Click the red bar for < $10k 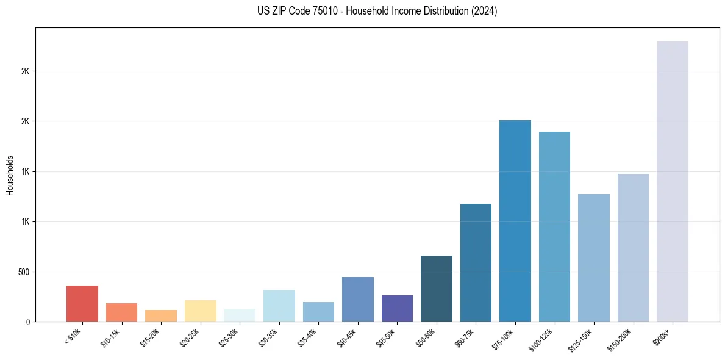tap(82, 303)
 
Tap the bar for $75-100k tap(515, 221)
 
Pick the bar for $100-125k tap(554, 226)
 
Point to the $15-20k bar tap(161, 316)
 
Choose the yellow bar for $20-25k tap(201, 311)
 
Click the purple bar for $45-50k tap(397, 308)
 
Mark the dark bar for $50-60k tap(437, 289)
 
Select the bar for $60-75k tap(476, 262)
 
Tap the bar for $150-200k tap(633, 248)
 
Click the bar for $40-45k tap(358, 299)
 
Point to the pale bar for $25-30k tap(240, 315)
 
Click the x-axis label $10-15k tap(110, 339)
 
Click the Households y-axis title tap(10, 175)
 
